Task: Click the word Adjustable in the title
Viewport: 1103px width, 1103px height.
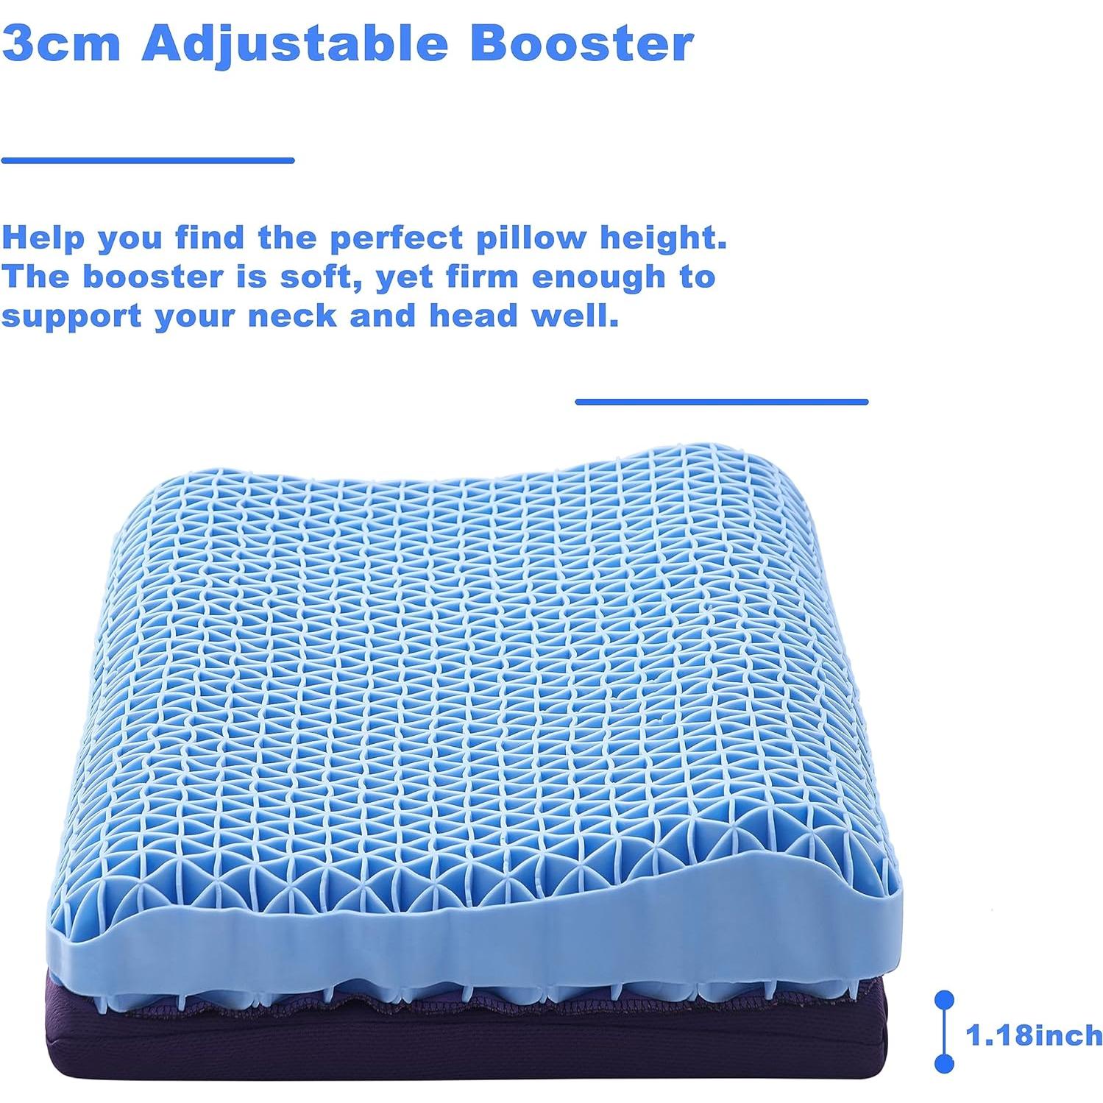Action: coord(294,44)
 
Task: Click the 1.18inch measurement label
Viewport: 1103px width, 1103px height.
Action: coord(1034,1035)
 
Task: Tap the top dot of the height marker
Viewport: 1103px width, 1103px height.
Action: coord(944,999)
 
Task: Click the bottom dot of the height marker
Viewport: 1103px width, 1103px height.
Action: coord(944,1063)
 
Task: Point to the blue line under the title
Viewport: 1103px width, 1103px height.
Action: coord(147,160)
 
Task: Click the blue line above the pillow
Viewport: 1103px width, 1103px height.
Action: coord(721,402)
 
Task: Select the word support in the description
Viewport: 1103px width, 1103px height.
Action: coord(71,317)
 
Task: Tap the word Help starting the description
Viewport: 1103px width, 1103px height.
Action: coord(43,238)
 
